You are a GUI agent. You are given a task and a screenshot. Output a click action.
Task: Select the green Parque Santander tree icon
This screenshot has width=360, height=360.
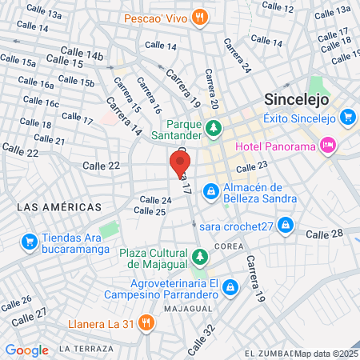point(214,127)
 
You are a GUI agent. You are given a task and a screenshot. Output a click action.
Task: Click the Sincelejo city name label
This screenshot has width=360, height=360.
point(298,102)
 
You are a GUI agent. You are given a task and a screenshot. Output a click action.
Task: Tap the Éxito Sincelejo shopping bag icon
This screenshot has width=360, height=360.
point(347,117)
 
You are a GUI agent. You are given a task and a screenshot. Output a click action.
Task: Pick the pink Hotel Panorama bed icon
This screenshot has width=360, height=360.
point(326,145)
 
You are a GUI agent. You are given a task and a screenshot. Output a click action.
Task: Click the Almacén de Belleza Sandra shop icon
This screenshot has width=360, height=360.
point(210,191)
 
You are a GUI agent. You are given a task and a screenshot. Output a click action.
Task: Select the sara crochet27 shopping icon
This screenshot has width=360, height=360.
point(284,226)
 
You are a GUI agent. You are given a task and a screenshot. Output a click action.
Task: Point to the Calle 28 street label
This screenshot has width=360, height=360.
point(324,234)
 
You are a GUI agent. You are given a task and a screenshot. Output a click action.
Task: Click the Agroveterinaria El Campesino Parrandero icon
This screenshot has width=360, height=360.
point(230,286)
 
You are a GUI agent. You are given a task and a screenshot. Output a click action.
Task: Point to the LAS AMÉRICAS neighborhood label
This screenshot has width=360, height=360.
point(59,207)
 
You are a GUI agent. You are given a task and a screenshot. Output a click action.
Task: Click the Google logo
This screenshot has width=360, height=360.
point(26,350)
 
